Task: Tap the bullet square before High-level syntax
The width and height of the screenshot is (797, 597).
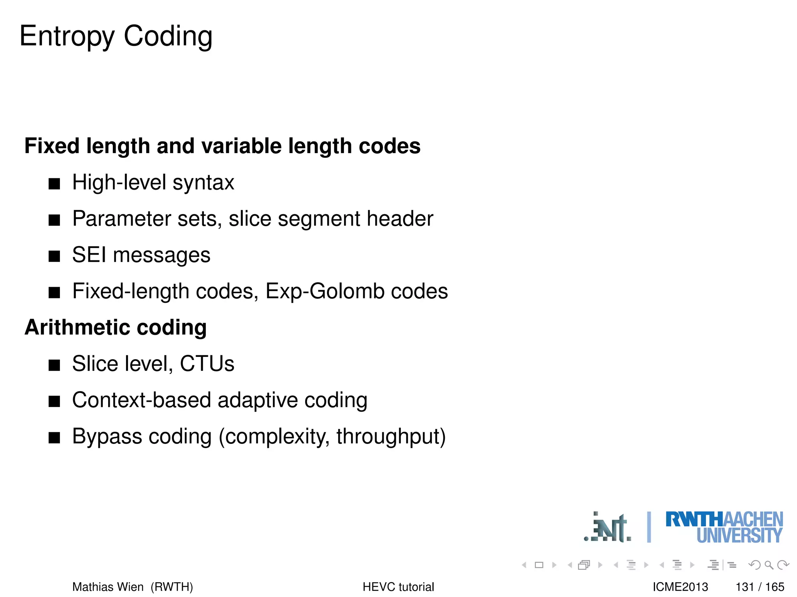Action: point(54,184)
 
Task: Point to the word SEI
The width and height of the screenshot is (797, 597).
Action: point(89,255)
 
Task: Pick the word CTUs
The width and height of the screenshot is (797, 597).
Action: point(207,364)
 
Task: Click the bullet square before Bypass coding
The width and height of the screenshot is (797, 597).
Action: point(54,438)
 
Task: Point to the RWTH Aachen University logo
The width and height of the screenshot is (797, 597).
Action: point(724,527)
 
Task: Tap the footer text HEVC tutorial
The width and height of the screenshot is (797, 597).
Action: point(398,587)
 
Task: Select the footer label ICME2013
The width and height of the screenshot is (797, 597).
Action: point(680,587)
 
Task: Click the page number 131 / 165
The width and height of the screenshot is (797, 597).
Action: point(760,587)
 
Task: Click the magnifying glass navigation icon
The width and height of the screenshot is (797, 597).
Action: point(769,565)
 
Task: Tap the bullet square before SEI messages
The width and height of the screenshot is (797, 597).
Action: point(54,257)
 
